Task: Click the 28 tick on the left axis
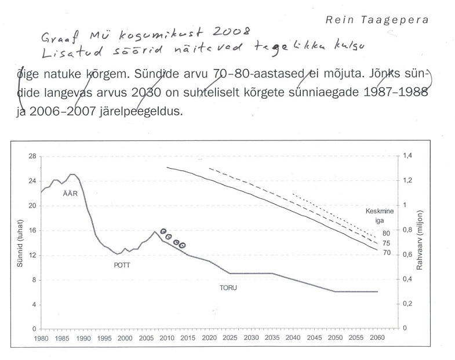(x=33, y=157)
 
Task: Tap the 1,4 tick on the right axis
(x=409, y=157)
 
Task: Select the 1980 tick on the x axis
(x=41, y=337)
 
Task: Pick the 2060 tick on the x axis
(x=377, y=337)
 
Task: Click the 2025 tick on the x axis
(x=230, y=337)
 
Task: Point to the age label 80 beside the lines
(x=387, y=232)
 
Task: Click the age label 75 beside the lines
(x=387, y=243)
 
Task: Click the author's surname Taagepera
(x=406, y=19)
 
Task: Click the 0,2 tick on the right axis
(x=409, y=304)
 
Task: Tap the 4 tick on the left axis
(x=35, y=304)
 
